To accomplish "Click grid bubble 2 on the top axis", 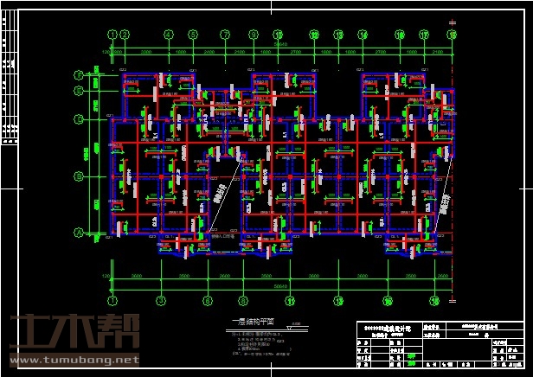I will click(125, 35).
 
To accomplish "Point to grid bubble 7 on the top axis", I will click(224, 35).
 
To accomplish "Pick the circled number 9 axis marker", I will click(254, 35).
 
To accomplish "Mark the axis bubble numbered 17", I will click(424, 35).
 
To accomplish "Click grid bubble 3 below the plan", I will click(160, 301).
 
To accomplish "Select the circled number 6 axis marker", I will click(207, 301).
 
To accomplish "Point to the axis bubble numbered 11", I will click(290, 301).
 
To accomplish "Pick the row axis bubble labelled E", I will click(78, 89).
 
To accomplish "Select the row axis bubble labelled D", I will click(78, 118).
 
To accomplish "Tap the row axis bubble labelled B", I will click(78, 176).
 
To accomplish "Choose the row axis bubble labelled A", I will click(78, 232).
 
